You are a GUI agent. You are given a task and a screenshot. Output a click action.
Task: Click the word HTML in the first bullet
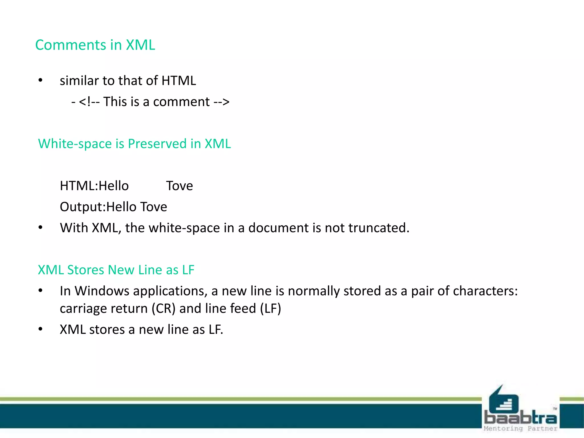click(x=179, y=81)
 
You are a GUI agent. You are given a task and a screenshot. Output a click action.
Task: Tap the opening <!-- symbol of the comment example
click(x=89, y=102)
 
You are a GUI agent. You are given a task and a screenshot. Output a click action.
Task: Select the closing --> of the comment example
click(x=222, y=102)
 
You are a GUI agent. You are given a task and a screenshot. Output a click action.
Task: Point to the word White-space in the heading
click(x=75, y=144)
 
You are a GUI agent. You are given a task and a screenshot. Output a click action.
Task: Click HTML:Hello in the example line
click(x=94, y=186)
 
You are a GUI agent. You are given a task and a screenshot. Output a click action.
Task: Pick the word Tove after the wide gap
click(x=179, y=186)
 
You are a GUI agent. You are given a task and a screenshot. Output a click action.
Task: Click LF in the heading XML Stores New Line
click(x=188, y=270)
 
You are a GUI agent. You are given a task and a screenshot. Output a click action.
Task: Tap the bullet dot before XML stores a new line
click(x=40, y=329)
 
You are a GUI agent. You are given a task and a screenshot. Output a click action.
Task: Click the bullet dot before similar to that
click(x=40, y=81)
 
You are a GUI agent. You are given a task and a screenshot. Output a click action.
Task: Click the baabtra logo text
click(x=520, y=418)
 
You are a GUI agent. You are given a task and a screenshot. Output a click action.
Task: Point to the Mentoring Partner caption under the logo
click(x=520, y=429)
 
